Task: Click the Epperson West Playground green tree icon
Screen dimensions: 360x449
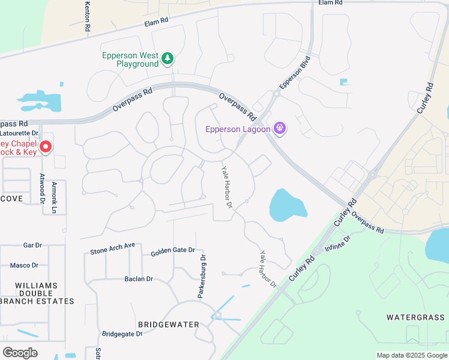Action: click(x=169, y=58)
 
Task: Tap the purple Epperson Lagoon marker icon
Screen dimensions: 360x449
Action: click(x=279, y=128)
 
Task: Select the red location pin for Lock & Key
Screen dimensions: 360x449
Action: click(x=45, y=146)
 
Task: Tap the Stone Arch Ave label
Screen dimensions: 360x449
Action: click(x=112, y=248)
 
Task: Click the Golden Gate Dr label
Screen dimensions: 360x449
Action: click(x=173, y=250)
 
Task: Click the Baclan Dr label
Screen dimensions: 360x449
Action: click(x=139, y=279)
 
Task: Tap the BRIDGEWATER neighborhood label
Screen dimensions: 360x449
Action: click(x=169, y=325)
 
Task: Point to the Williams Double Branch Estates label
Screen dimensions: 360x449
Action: click(x=37, y=293)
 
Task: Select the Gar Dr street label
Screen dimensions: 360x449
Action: click(x=32, y=245)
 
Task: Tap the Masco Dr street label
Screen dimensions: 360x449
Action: click(x=24, y=265)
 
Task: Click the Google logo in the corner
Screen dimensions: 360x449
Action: click(x=20, y=353)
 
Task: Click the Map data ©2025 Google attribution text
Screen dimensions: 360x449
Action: click(x=411, y=355)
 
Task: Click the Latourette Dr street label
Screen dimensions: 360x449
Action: click(x=20, y=133)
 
